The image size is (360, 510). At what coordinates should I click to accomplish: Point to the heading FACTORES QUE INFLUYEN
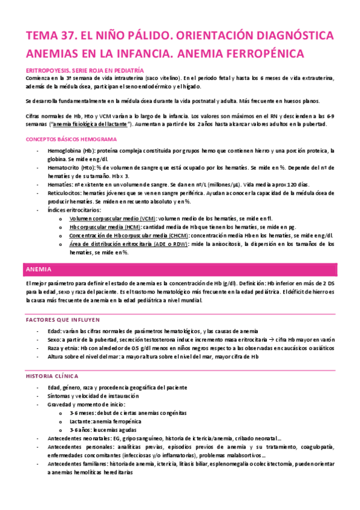[62, 320]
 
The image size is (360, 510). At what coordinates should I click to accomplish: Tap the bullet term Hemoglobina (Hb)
[69, 150]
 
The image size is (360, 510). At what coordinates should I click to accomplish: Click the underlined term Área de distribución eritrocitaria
[112, 245]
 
